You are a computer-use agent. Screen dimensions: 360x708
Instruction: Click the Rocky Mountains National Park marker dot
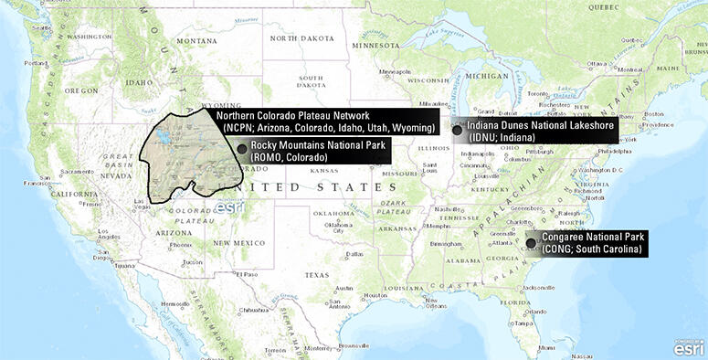(x=241, y=148)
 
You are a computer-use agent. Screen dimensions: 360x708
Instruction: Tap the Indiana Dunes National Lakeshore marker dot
(x=457, y=131)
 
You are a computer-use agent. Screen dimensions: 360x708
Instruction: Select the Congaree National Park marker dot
(x=533, y=242)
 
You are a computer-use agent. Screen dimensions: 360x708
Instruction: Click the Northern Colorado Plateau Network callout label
(x=325, y=122)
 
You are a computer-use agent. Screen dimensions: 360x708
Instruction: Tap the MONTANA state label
(x=197, y=41)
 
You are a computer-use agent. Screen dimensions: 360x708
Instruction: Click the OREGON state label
(x=80, y=90)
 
